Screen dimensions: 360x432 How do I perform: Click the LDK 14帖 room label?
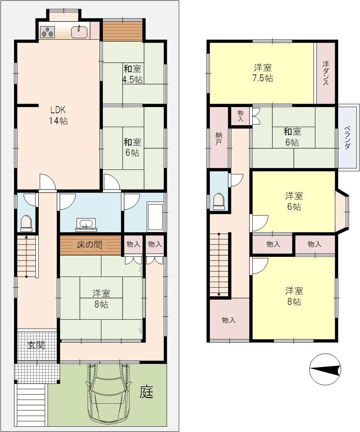[59, 115]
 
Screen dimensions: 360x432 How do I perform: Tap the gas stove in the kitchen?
[48, 32]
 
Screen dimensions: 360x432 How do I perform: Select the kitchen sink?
[80, 32]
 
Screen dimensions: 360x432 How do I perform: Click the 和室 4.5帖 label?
[132, 74]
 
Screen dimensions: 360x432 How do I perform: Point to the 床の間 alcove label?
[90, 245]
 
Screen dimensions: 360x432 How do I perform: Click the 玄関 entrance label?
[36, 345]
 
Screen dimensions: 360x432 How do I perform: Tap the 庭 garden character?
[146, 392]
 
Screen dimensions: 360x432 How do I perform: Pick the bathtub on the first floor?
[155, 216]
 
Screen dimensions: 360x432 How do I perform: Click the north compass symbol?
[325, 370]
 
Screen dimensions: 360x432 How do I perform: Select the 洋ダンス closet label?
[326, 73]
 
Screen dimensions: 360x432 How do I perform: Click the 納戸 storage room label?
[219, 139]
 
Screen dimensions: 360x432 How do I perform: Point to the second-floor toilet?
[219, 201]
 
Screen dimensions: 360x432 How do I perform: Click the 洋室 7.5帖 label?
[263, 73]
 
